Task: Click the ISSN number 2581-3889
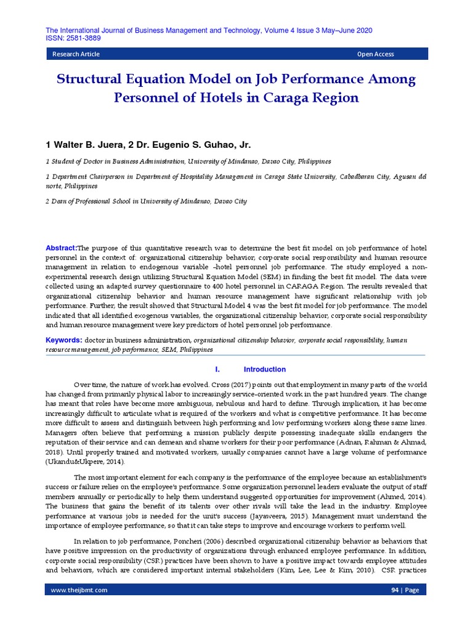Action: click(81, 38)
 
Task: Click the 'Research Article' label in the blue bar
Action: click(76, 54)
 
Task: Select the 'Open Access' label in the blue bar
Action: click(375, 54)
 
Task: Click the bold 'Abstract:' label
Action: click(62, 248)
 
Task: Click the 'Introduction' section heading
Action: click(265, 370)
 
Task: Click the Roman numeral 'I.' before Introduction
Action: click(217, 370)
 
